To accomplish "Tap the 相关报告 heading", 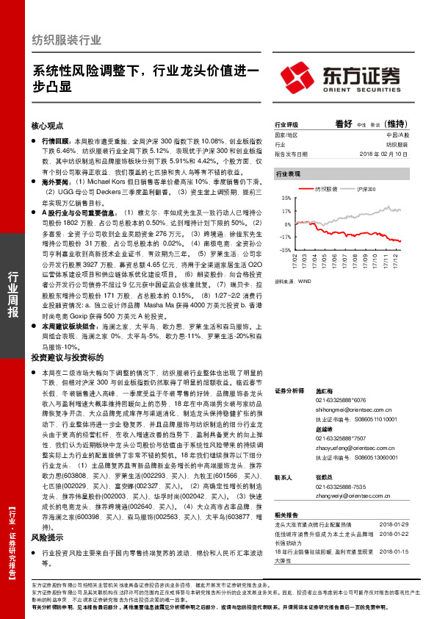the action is [285, 515].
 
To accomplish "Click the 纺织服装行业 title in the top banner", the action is [67, 40].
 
